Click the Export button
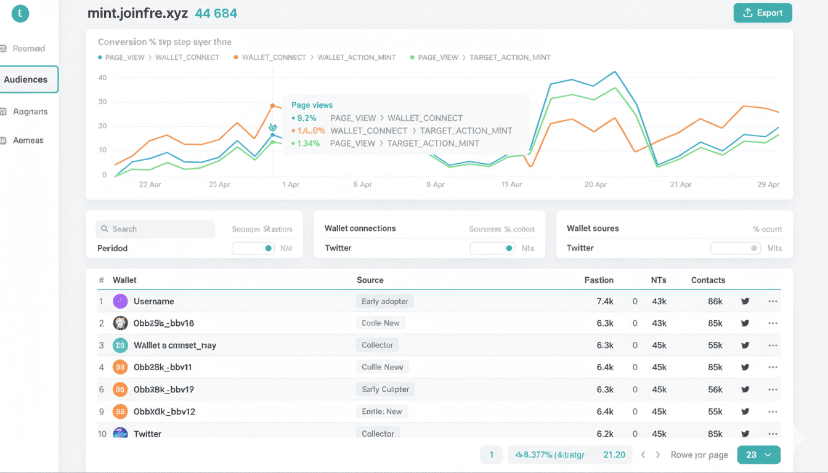[763, 13]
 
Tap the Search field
[155, 229]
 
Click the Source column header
[370, 280]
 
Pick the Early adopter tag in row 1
[384, 301]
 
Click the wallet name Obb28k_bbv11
[163, 367]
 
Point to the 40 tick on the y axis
[102, 78]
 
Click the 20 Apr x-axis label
[595, 185]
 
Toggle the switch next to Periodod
[253, 248]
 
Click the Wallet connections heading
[360, 228]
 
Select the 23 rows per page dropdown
[758, 455]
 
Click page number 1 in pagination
[491, 455]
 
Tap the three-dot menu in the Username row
[773, 302]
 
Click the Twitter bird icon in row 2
[745, 323]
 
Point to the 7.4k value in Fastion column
[605, 302]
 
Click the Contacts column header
[708, 280]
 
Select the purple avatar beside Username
[120, 301]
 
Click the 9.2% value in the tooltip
[307, 118]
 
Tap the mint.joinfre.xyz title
[137, 14]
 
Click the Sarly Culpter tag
[385, 389]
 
